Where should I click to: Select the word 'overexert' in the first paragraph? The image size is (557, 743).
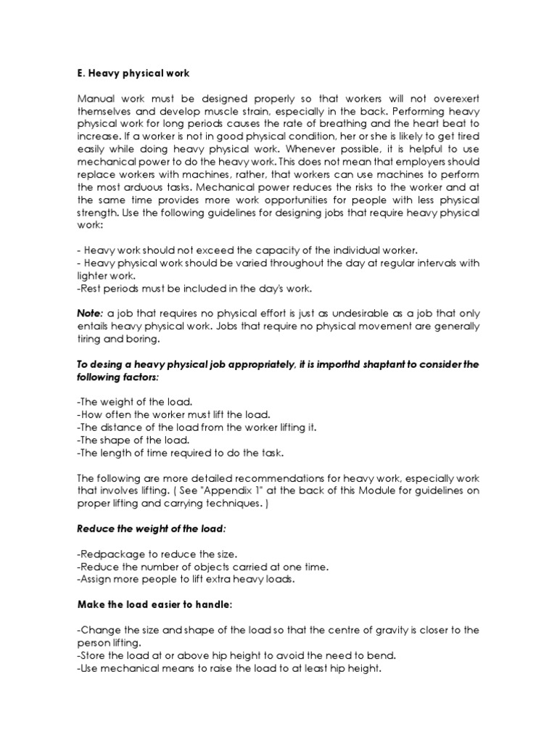453,98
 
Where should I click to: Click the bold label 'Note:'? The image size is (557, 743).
90,313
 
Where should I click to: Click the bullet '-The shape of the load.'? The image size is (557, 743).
133,440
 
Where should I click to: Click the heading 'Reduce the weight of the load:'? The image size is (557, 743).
148,528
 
